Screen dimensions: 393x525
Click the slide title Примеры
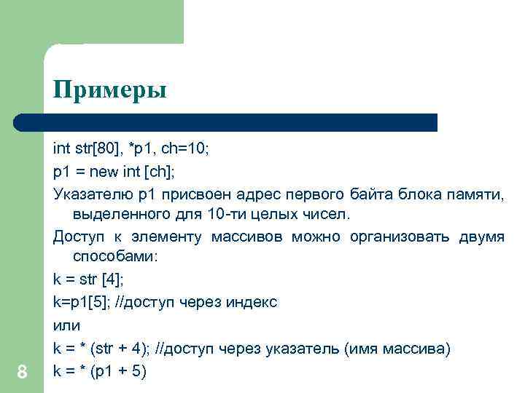[109, 92]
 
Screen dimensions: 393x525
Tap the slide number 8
[22, 373]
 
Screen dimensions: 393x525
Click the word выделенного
[120, 215]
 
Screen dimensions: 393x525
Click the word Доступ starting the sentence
[80, 237]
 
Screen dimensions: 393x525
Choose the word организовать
[398, 237]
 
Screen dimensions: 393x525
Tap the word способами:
[120, 258]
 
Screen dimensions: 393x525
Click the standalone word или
[66, 325]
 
